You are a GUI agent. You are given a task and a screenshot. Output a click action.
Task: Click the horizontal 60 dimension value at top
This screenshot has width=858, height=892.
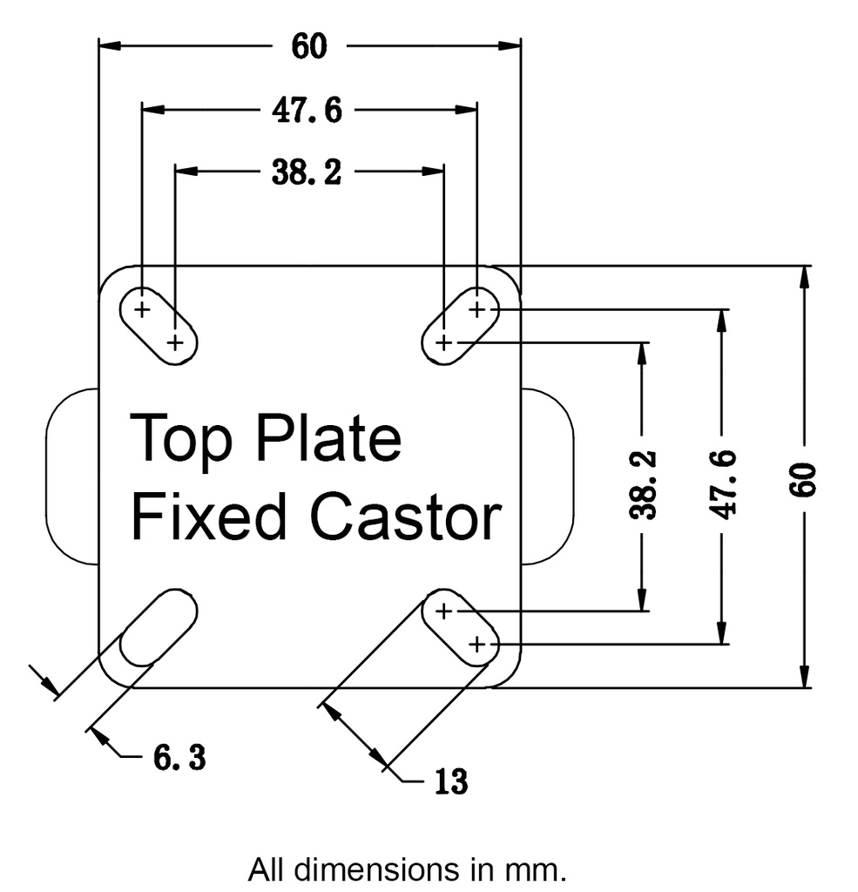point(309,46)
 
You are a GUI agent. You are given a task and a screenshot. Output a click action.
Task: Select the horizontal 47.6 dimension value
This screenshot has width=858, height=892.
point(306,111)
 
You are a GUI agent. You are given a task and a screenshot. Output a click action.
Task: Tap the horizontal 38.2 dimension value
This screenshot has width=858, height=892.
point(306,172)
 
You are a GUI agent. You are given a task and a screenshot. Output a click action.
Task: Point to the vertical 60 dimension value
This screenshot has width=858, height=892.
point(806,477)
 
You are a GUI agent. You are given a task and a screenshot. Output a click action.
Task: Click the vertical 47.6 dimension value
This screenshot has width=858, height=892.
point(723,483)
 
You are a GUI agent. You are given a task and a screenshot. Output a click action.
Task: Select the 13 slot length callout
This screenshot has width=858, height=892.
point(449,781)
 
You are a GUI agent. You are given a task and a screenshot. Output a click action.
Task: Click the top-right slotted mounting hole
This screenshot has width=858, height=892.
point(461,324)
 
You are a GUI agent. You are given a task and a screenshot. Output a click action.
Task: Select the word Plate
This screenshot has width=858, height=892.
point(328,439)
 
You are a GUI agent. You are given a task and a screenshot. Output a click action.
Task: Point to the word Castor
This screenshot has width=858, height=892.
point(406,517)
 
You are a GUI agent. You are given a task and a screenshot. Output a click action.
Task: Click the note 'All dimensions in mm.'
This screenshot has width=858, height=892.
point(408,869)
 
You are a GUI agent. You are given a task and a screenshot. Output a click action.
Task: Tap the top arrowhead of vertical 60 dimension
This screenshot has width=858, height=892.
point(806,278)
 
